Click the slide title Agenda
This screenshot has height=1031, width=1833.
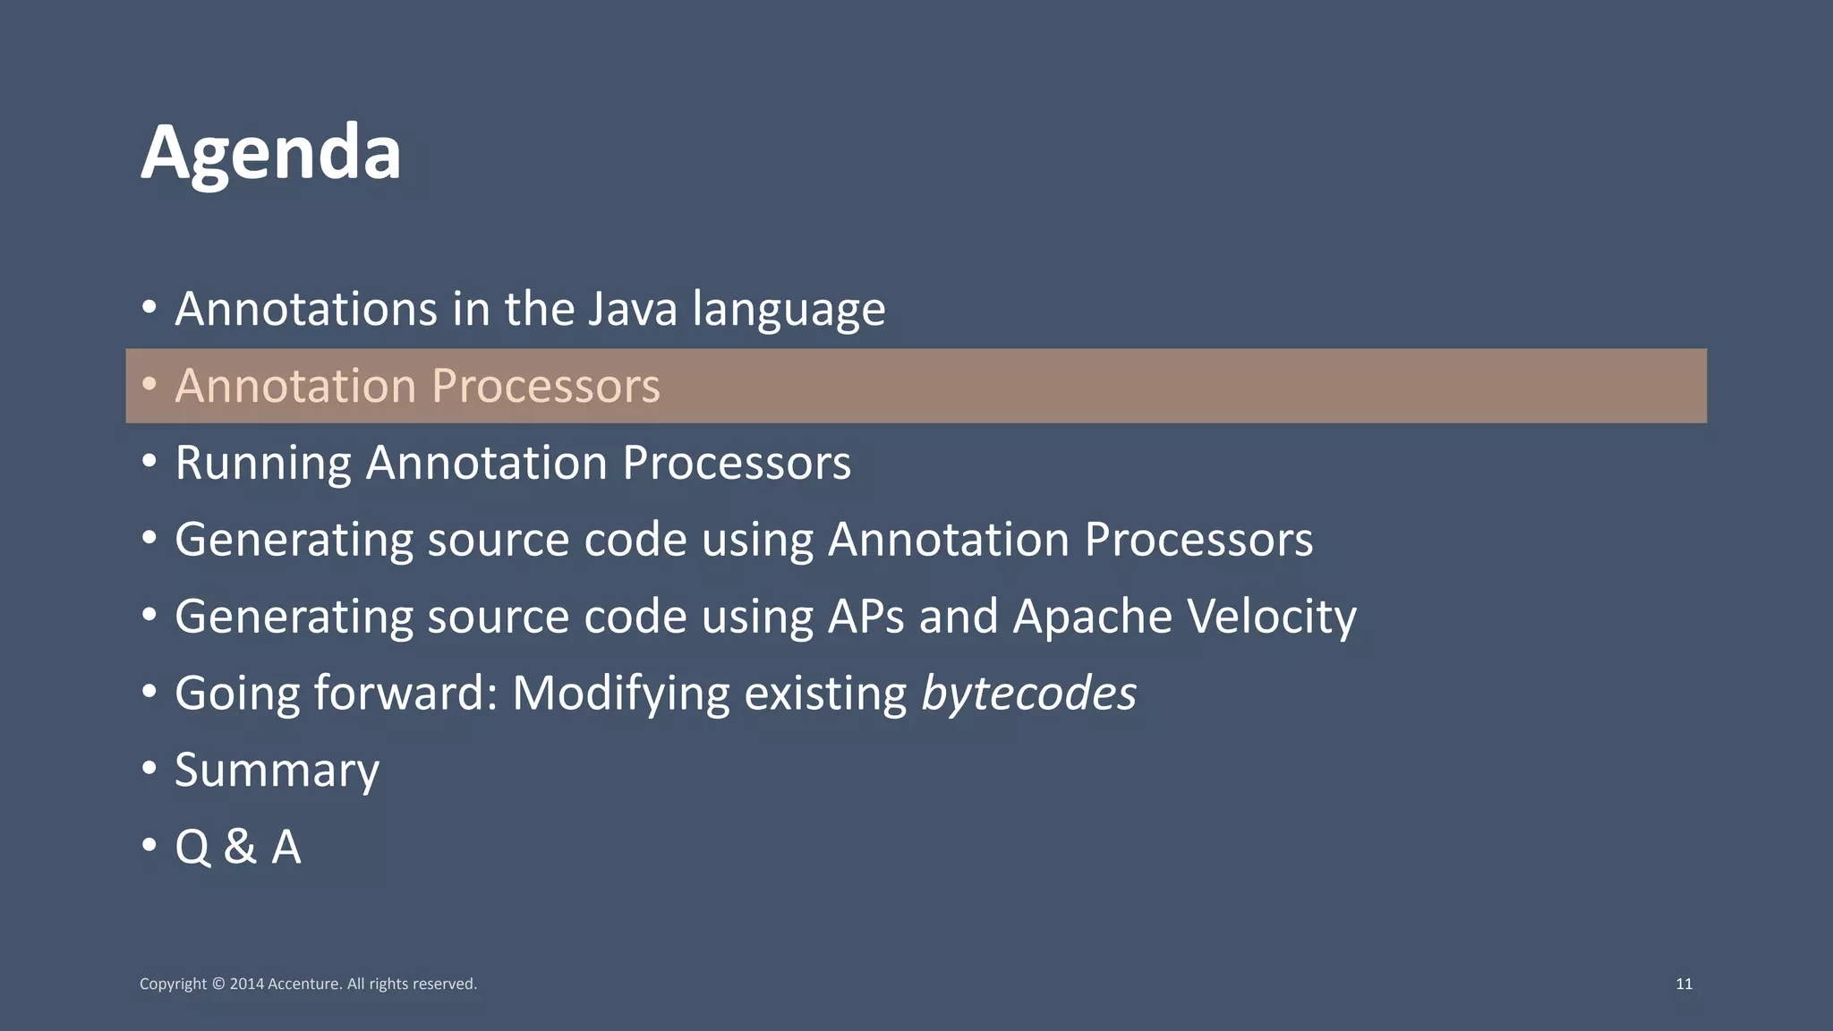pos(271,152)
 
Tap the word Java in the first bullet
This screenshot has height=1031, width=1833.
pos(620,309)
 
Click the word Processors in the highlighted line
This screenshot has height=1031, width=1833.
pos(545,386)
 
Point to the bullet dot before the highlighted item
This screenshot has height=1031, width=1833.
pos(149,385)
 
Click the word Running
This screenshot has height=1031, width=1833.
pos(263,464)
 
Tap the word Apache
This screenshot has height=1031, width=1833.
pos(1092,616)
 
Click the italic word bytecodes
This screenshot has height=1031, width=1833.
pos(1028,694)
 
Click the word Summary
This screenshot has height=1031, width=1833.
pos(277,771)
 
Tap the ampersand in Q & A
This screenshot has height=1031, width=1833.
pos(240,847)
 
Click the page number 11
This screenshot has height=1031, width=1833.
pos(1684,984)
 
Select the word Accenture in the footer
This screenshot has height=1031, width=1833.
pos(304,984)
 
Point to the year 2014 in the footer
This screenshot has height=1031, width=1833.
pos(247,984)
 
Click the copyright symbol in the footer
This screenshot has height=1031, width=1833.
pos(217,984)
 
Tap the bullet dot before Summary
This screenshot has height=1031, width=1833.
pos(149,769)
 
